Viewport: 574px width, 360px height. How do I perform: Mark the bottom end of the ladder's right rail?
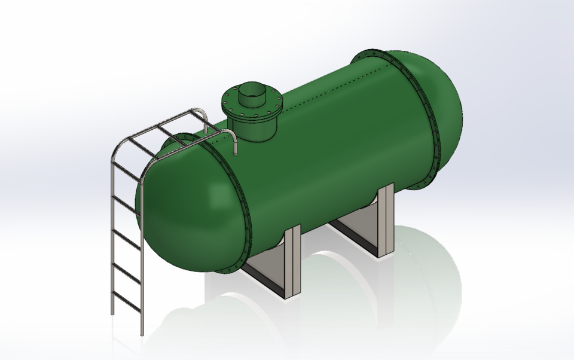142,332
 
